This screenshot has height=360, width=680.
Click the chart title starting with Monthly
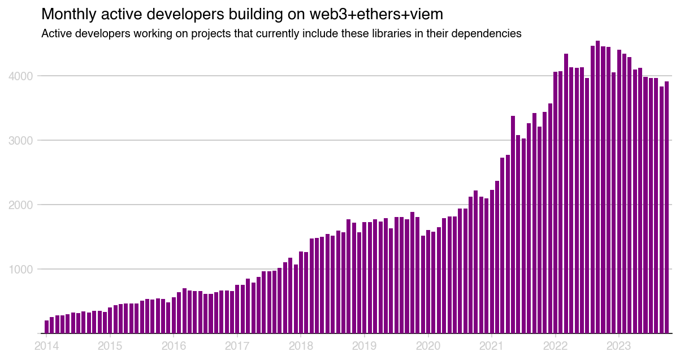tap(242, 14)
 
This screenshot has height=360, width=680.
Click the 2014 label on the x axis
tap(46, 345)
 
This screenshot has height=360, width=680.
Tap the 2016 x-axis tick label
tap(174, 345)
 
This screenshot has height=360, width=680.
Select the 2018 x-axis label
tap(301, 345)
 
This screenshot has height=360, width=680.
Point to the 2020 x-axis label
tap(428, 345)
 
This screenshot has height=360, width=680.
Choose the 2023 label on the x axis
tap(619, 345)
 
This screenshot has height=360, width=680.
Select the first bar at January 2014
tap(46, 327)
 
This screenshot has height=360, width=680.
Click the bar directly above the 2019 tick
tap(365, 277)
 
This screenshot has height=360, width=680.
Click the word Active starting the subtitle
tap(58, 34)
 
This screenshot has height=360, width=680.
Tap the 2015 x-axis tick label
tap(110, 345)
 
